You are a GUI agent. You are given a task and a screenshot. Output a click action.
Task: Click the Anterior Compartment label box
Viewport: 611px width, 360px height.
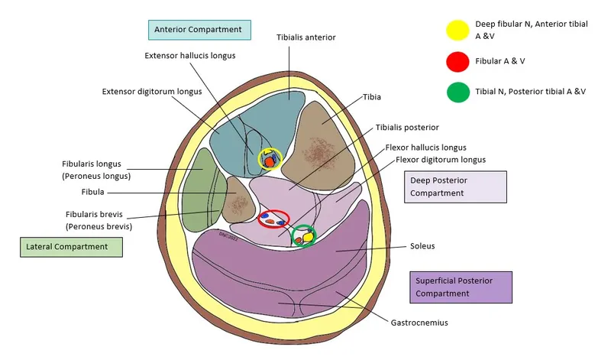(x=199, y=30)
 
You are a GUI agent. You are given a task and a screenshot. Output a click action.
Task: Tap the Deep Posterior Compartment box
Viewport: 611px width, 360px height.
(x=454, y=186)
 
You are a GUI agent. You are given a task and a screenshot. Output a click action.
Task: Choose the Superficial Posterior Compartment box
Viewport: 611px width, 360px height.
(x=461, y=287)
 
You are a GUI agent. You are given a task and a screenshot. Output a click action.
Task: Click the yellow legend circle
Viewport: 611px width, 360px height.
(x=457, y=30)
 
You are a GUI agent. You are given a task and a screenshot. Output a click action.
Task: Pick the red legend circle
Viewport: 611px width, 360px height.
(x=457, y=61)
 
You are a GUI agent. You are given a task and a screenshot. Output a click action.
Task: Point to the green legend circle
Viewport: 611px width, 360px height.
(x=457, y=92)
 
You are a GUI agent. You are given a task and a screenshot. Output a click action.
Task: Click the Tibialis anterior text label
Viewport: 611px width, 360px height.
(x=305, y=37)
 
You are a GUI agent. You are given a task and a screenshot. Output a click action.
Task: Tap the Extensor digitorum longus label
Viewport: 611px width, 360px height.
(x=151, y=92)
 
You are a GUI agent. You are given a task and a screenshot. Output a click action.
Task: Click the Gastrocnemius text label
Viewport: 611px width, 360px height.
(x=419, y=323)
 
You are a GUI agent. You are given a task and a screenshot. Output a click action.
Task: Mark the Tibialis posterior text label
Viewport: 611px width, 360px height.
(x=407, y=127)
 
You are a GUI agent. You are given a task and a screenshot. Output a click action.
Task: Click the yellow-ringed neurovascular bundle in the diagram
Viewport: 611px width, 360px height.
(x=269, y=160)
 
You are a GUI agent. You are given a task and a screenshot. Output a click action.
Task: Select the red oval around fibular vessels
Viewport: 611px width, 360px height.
(x=273, y=219)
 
